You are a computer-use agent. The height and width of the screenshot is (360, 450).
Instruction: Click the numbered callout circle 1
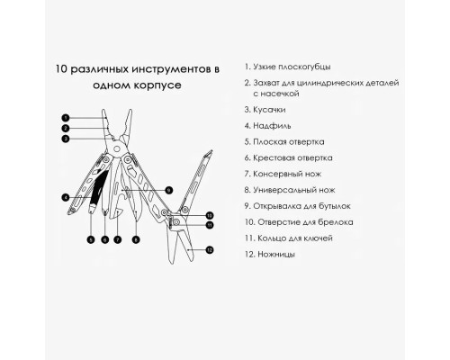(66, 118)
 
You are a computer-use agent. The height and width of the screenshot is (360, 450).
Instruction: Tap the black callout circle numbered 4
(66, 197)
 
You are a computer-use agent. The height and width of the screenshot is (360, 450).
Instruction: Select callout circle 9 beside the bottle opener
(169, 190)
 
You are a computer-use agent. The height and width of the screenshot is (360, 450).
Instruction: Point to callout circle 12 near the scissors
(210, 249)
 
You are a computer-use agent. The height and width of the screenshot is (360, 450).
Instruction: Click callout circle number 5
(91, 239)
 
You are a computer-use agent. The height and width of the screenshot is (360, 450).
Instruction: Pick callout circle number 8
(136, 239)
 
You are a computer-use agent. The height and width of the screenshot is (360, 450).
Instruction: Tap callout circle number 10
(210, 215)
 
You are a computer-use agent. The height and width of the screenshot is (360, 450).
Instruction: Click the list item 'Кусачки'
(265, 110)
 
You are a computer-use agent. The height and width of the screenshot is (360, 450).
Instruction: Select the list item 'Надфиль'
(267, 126)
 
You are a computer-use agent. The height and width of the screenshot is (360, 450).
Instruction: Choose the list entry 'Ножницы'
(270, 255)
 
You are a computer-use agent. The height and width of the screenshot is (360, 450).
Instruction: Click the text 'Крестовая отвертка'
(289, 157)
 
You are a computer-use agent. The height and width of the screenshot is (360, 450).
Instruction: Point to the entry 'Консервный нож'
(283, 174)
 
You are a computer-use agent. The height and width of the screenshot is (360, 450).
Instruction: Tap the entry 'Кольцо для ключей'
(289, 238)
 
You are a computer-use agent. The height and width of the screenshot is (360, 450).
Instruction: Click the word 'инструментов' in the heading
(172, 69)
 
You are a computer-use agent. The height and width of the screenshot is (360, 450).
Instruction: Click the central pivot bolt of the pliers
(117, 148)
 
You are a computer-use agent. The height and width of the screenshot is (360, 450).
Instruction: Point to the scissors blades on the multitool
(179, 245)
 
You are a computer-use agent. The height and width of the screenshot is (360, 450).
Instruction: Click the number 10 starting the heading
(62, 69)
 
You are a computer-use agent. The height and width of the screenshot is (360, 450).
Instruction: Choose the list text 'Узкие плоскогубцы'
(288, 67)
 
